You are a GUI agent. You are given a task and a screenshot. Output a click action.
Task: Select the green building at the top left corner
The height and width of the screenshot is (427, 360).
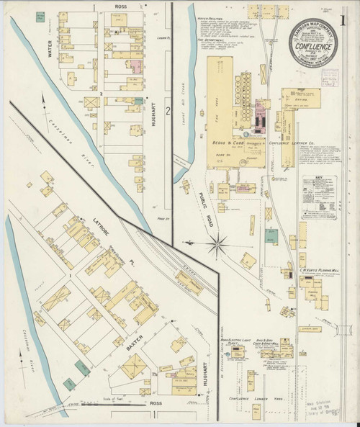[37, 15]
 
